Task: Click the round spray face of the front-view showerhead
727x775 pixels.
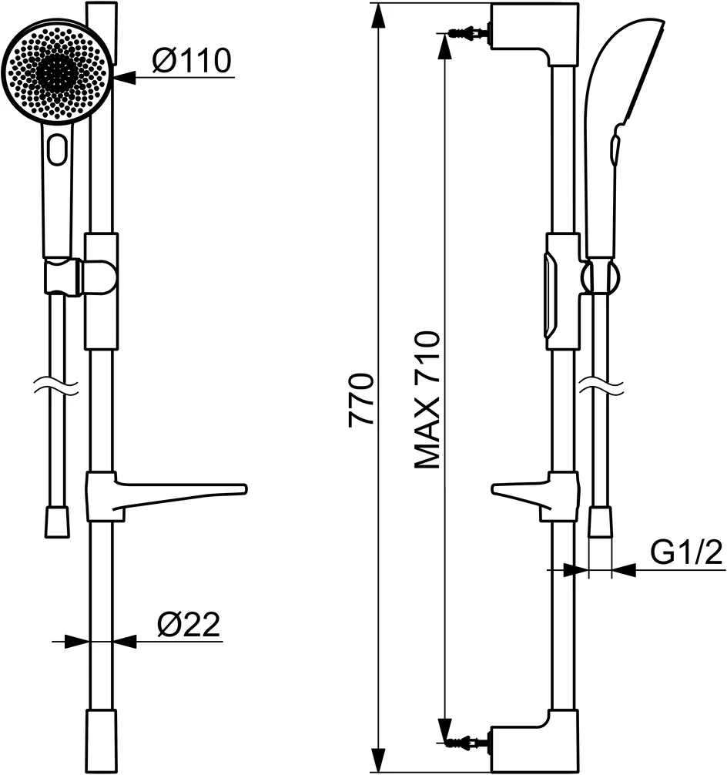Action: (58, 73)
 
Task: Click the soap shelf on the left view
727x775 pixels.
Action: (177, 493)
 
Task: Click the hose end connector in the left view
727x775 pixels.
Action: (56, 522)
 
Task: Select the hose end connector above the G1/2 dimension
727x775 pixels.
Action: (600, 522)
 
